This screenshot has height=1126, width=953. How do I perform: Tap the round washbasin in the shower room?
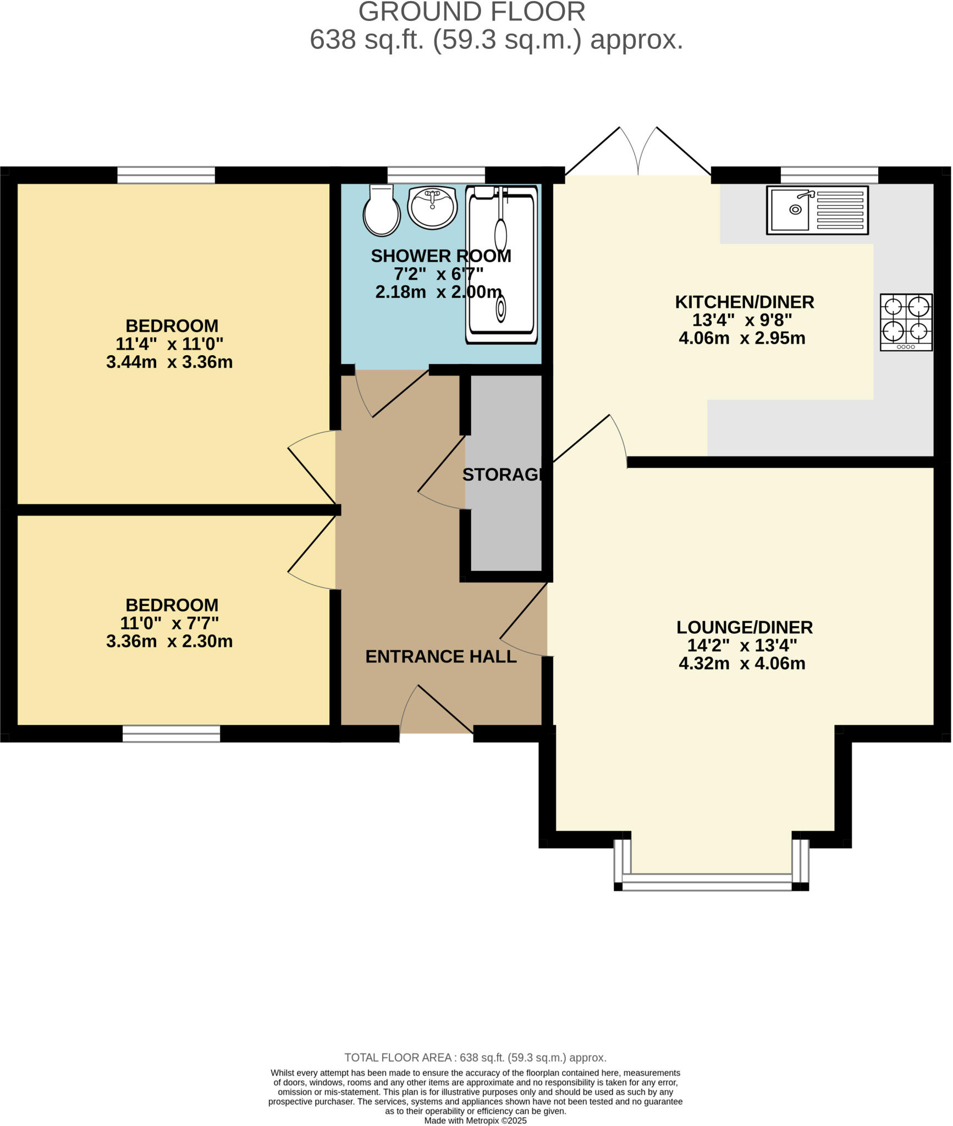pos(432,207)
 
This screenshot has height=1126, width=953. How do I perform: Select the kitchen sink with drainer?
pos(818,210)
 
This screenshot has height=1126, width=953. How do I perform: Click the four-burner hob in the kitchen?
pos(906,323)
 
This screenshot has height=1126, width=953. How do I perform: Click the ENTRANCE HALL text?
pos(441,656)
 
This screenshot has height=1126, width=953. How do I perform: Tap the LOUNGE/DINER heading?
pos(744,627)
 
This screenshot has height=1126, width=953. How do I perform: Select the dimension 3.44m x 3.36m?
pos(169,362)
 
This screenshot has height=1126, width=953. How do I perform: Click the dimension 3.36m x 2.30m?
pos(169,642)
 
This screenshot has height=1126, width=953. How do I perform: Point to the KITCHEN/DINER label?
pos(744,302)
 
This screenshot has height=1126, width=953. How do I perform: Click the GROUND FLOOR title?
pos(472,12)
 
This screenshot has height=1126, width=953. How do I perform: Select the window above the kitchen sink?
pos(829,175)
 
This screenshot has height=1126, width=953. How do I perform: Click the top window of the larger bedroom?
pos(166,175)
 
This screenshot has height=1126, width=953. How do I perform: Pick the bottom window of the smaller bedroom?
pos(171,734)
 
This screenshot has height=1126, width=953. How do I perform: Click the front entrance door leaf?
pos(445,709)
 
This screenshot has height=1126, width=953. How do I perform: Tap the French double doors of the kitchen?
pos(638,151)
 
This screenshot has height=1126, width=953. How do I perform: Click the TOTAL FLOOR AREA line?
pos(475,1057)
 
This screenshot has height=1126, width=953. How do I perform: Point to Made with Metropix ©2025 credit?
pos(475,1121)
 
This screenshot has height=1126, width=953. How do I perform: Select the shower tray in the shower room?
pos(502,265)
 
